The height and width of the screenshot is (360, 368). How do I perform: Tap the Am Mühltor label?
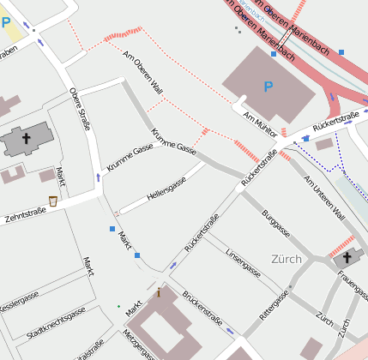click(261, 120)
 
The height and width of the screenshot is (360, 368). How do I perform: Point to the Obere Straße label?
click(79, 105)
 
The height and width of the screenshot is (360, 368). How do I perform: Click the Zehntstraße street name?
click(24, 214)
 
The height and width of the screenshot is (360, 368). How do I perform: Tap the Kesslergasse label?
click(19, 303)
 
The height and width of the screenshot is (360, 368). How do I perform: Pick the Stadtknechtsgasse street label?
click(56, 323)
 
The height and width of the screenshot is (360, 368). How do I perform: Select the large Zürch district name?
click(287, 258)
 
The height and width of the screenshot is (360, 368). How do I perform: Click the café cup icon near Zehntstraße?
click(53, 201)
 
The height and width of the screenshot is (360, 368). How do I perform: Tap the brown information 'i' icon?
click(159, 292)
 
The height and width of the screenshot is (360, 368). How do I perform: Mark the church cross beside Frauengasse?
click(347, 256)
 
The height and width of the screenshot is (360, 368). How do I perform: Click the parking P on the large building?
click(268, 87)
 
